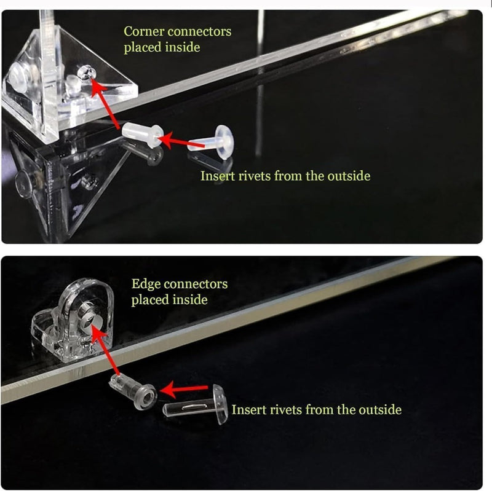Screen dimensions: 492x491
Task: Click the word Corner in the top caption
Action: coord(144,31)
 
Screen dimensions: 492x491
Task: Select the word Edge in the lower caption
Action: coord(146,285)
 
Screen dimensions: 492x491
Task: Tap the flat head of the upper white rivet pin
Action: coord(224,142)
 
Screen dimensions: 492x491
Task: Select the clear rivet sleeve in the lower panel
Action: coord(133,391)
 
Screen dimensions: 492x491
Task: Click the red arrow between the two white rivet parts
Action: coord(181,141)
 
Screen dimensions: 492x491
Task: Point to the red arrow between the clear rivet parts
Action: coord(184,390)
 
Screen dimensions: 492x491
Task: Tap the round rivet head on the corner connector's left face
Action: coord(19,77)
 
